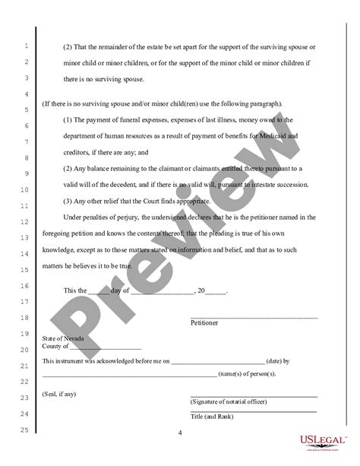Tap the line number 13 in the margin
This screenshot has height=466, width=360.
point(24,239)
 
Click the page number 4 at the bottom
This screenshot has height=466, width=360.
point(180,433)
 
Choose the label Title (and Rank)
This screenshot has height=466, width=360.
point(212,417)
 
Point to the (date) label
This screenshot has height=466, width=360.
point(276,361)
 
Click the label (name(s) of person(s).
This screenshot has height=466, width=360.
point(247,375)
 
